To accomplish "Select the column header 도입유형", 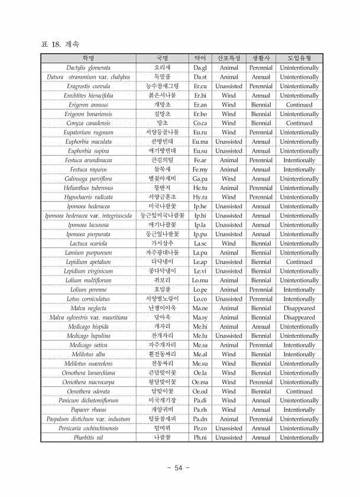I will pos(299,59).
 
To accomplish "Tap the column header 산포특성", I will pos(229,59).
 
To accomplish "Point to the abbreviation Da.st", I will pos(200,77).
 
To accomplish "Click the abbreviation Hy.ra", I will pos(200,197).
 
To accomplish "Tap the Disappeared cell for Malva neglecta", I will pos(299,308).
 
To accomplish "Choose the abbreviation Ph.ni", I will pos(200,437).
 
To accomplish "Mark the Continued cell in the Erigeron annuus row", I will pos(299,105).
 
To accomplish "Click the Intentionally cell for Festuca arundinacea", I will pos(299,160).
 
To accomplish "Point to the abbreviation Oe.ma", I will pos(200,382).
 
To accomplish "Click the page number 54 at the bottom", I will pos(179,468).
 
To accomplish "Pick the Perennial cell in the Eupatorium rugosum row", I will pos(261,133).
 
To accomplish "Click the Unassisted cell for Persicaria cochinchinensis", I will pos(229,428).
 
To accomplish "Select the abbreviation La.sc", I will pos(200,243).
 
